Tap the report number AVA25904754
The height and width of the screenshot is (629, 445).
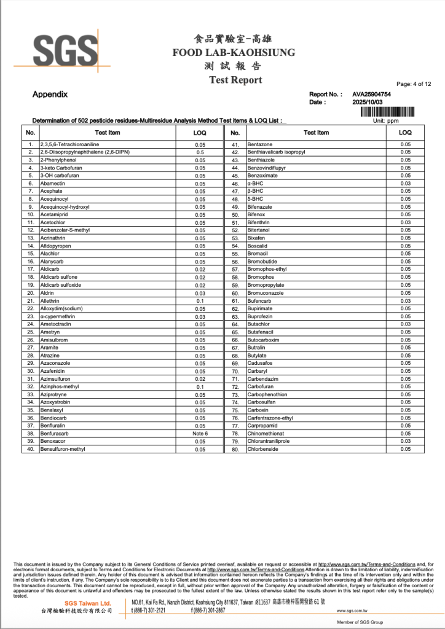click(x=371, y=95)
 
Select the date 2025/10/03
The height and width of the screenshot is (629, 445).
click(x=367, y=103)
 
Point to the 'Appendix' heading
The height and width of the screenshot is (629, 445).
click(x=50, y=95)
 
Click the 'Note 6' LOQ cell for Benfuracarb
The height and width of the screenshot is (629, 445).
click(x=200, y=433)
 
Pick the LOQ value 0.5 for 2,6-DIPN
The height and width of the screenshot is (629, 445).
click(x=200, y=152)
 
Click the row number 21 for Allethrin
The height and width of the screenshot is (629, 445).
click(x=30, y=300)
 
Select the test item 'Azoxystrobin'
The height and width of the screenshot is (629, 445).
click(x=57, y=402)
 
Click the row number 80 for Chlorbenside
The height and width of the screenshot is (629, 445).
click(x=235, y=449)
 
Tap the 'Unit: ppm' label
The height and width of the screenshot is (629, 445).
click(x=386, y=120)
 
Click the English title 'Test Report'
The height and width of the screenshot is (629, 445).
click(x=235, y=80)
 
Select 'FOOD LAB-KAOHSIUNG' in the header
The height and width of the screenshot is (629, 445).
click(x=234, y=52)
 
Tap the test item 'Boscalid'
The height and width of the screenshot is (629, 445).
click(x=258, y=246)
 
